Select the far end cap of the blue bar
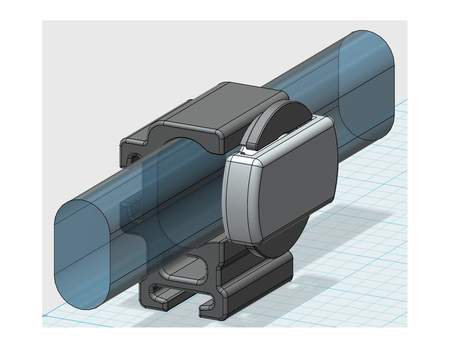pyautogui.click(x=368, y=84)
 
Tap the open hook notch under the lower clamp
pyautogui.click(x=208, y=307)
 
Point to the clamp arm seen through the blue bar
pyautogui.click(x=135, y=214)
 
